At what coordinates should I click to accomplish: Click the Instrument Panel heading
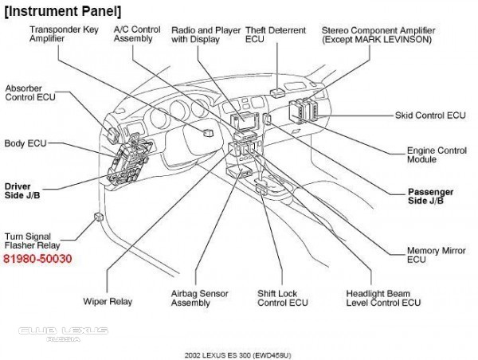click(63, 10)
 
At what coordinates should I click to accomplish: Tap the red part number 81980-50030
click(37, 259)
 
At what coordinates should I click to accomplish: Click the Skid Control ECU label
click(430, 115)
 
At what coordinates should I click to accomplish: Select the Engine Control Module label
click(437, 155)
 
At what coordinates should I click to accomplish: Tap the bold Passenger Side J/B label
click(431, 197)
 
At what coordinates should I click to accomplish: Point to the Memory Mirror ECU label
click(436, 255)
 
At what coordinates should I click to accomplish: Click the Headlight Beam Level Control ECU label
click(383, 298)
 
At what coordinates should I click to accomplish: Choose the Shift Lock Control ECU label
click(282, 298)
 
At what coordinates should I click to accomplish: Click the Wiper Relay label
click(108, 302)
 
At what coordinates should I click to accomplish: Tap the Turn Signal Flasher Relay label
click(37, 241)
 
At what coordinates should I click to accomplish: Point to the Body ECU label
click(26, 144)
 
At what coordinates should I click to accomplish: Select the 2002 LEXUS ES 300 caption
click(238, 351)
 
